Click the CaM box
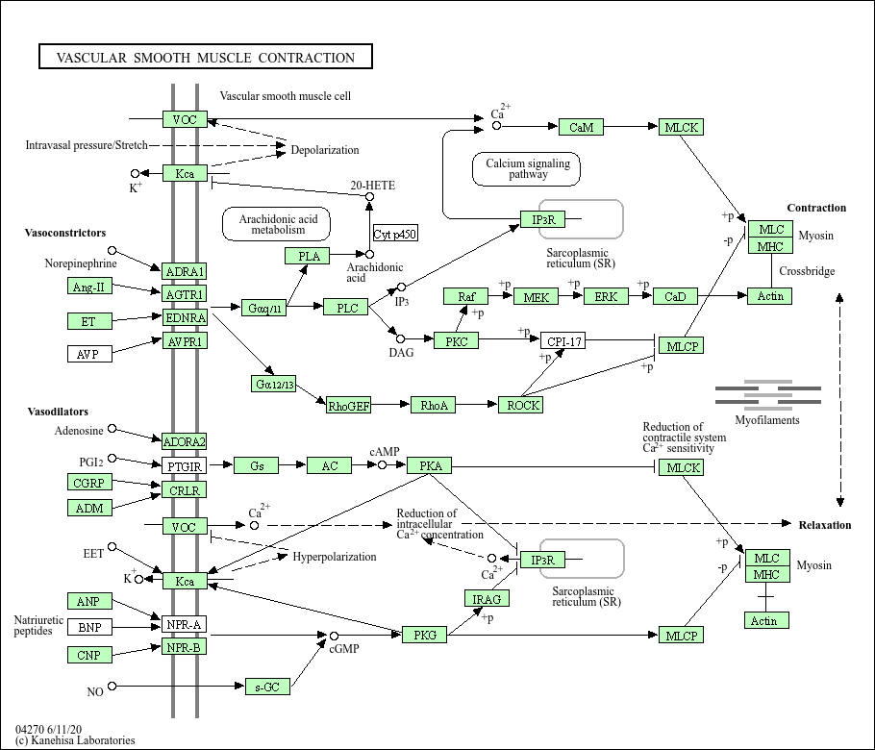(582, 127)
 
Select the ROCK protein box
(520, 405)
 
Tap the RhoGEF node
(349, 405)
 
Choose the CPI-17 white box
(562, 341)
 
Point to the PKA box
(430, 466)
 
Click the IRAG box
(486, 598)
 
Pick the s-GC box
(266, 687)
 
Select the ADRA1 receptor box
(185, 271)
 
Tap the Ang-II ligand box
(90, 287)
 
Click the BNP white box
(90, 628)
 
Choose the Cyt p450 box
(395, 234)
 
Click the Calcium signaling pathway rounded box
(528, 169)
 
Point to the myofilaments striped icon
(767, 394)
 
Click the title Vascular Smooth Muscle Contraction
(205, 58)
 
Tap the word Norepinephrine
(81, 262)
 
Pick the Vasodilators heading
(57, 412)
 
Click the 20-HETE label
(372, 185)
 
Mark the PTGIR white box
(185, 466)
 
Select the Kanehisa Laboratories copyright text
(75, 740)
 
